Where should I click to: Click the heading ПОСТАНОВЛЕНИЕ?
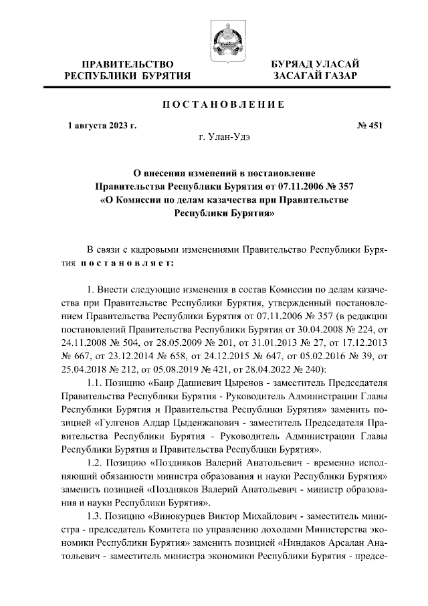(220, 104)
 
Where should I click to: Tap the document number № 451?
(371, 125)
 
